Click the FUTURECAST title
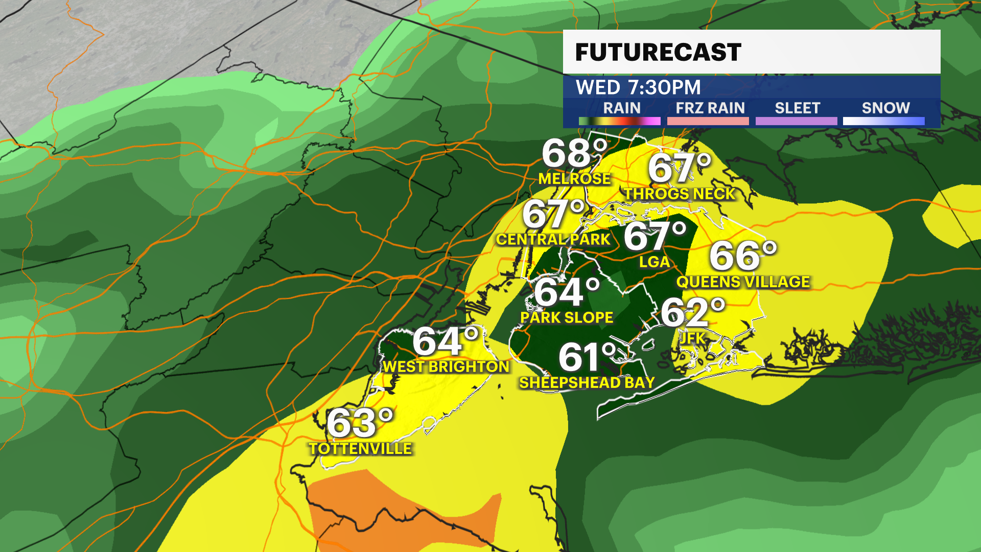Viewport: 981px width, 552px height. coord(658,52)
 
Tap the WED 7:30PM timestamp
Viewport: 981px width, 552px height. coord(638,87)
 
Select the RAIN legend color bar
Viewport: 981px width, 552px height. coord(619,121)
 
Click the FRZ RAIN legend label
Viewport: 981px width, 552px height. coord(710,108)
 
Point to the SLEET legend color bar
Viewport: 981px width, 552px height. coord(796,121)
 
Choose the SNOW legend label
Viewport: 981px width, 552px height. coord(885,108)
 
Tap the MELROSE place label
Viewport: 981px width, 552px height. coord(574,178)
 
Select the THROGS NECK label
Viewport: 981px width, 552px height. coord(679,194)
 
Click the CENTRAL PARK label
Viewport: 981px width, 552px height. coord(553,239)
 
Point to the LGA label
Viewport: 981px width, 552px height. coord(654,262)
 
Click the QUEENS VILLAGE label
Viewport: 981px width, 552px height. coord(743,282)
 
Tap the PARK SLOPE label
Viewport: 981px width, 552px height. coord(567,317)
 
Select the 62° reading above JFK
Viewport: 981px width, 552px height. coord(693,312)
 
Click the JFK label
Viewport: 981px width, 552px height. coord(692,338)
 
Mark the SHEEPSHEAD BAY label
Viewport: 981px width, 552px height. coord(587,382)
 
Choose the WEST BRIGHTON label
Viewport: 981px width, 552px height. coord(446,366)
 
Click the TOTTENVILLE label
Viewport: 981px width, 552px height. coord(360,449)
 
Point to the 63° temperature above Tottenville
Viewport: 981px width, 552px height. coord(360,423)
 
